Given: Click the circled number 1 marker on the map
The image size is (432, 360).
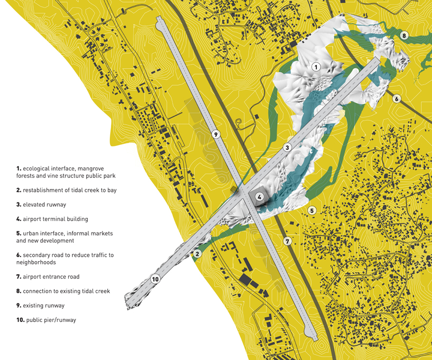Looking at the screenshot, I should [x=316, y=67].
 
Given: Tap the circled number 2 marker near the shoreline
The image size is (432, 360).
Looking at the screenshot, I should [x=197, y=254].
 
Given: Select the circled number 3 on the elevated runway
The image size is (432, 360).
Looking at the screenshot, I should [x=287, y=147].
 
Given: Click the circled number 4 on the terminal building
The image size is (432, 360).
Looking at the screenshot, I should [x=259, y=197].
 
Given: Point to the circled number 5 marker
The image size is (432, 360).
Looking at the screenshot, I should [x=312, y=210].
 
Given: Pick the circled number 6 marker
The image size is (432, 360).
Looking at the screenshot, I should [x=396, y=98].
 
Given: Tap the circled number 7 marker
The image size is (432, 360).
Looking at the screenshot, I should [x=287, y=241].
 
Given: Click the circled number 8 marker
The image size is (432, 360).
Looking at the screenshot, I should [x=404, y=36].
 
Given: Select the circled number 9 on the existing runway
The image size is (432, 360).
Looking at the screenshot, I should [x=215, y=134].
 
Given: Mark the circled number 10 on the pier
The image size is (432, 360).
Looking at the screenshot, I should [x=155, y=279].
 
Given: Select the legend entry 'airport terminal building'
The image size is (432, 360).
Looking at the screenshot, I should [x=55, y=219].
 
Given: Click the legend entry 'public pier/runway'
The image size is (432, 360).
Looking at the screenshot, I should [x=51, y=320].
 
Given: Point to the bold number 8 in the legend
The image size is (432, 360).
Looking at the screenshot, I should [x=18, y=291].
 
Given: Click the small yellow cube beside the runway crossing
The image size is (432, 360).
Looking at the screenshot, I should [x=233, y=189].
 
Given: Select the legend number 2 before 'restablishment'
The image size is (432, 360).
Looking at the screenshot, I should [x=18, y=190].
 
